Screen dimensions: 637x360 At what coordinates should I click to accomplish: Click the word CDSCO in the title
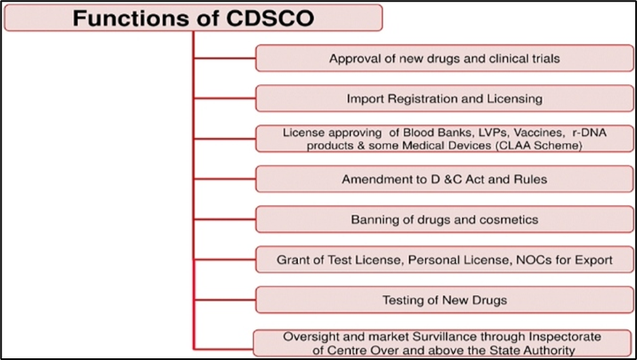270,18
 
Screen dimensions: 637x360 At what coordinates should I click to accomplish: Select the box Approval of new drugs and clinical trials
445,58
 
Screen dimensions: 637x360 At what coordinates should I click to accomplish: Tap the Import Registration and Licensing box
445,98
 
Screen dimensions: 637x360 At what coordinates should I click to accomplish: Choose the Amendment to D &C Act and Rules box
445,179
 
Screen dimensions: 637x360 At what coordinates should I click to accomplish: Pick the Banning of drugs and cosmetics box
445,220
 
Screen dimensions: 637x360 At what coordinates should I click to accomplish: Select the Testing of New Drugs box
445,300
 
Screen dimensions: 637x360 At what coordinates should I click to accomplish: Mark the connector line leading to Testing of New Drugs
225,300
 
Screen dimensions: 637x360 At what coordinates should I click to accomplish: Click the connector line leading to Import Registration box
225,98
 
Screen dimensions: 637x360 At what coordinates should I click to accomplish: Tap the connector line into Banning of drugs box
225,220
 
